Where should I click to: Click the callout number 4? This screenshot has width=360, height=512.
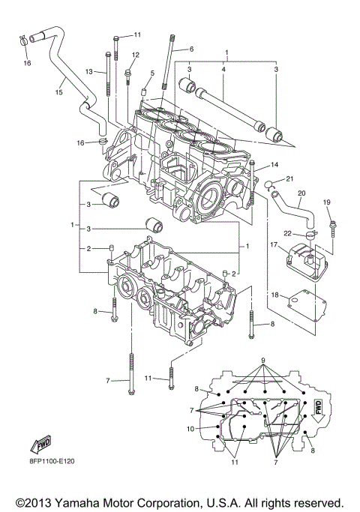coord(223,70)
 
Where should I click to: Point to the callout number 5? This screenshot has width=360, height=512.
coord(151,73)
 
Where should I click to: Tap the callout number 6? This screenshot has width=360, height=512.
coord(190,49)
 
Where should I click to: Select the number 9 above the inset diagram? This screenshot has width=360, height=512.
coord(262,361)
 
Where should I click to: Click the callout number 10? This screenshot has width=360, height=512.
coord(191,428)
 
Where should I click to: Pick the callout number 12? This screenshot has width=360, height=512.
coord(136,55)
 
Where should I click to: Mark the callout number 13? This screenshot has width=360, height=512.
coord(88,71)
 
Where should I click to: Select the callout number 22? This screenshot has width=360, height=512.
coord(276,234)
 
